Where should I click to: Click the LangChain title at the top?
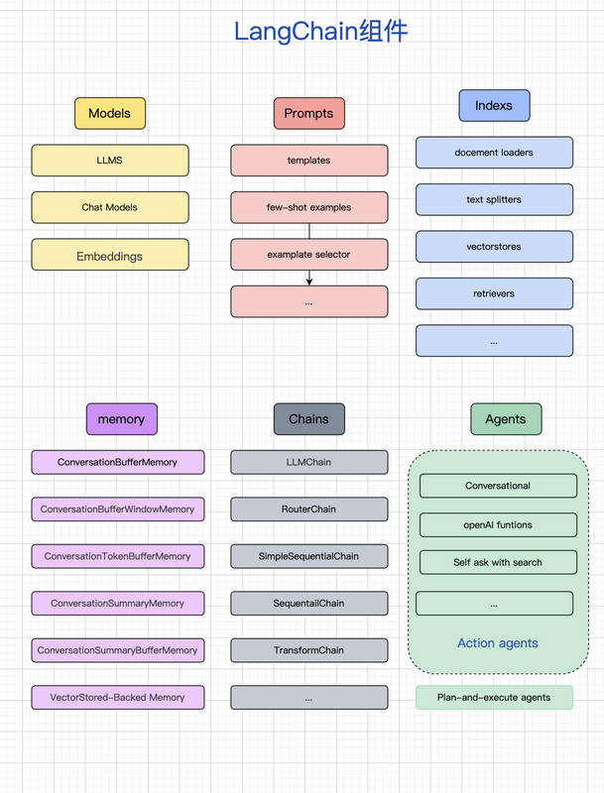point(320,32)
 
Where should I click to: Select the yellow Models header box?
point(110,113)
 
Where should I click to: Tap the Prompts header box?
point(309,113)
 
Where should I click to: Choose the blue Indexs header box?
point(494,106)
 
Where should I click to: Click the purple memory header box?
point(121,419)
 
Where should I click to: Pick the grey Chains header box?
point(309,419)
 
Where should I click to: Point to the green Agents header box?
point(506,419)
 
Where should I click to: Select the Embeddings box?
point(110,255)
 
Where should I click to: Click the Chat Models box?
point(110,207)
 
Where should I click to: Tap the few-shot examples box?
point(309,207)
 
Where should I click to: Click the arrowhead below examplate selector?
point(309,282)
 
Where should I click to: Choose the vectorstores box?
point(494,247)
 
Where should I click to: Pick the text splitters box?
point(494,200)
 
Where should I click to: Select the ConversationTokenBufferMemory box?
point(118,556)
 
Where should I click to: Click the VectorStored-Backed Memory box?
point(118,698)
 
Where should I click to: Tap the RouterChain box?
point(309,510)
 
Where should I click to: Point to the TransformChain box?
point(309,650)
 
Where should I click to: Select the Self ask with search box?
point(498,562)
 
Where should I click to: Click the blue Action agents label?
point(498,643)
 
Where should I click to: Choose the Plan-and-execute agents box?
point(494,698)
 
